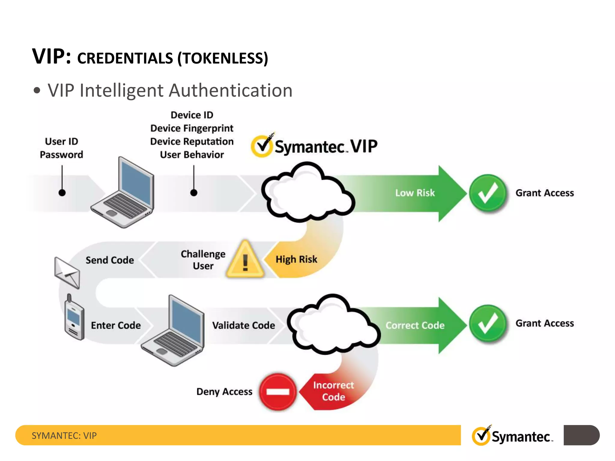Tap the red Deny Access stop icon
tap(278, 392)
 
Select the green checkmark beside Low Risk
tap(488, 193)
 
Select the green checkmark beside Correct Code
tap(488, 324)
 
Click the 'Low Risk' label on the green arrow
tap(415, 193)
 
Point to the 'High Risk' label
tap(296, 259)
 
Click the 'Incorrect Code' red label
tap(333, 391)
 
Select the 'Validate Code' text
tap(244, 325)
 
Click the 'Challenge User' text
tap(203, 260)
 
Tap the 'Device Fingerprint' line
tap(192, 128)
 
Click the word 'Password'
tap(62, 155)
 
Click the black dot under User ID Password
tap(62, 193)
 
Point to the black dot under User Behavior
tap(194, 193)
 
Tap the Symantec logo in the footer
tap(512, 436)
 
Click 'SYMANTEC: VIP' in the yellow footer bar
tap(64, 435)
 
